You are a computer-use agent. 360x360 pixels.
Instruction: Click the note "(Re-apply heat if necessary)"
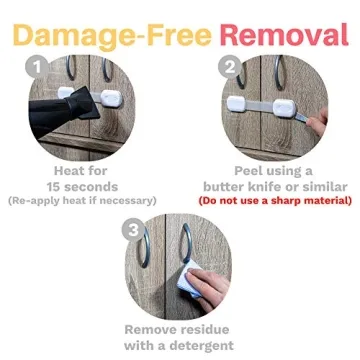point(85,201)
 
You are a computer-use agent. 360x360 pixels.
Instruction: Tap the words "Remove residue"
point(180,329)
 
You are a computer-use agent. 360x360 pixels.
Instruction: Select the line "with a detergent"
point(180,345)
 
